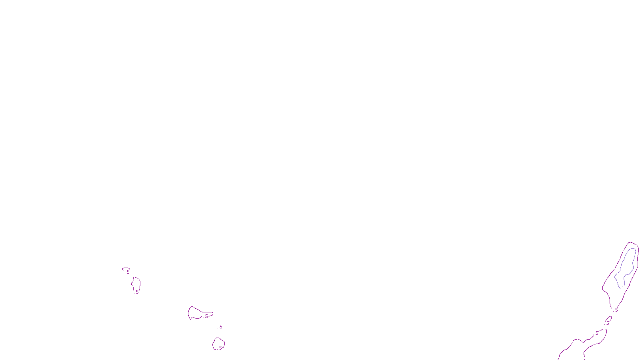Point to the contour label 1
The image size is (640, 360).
(x=623, y=288)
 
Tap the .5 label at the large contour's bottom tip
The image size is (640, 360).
(x=616, y=310)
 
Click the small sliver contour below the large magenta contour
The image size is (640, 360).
(x=610, y=318)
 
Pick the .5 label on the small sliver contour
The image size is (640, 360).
(x=607, y=323)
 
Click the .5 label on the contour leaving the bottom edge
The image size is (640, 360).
(x=596, y=333)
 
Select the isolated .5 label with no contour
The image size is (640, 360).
(x=220, y=327)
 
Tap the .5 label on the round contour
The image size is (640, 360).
(x=220, y=348)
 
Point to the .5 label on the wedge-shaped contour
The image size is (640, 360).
(x=206, y=316)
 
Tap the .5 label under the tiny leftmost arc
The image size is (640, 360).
(x=128, y=272)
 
